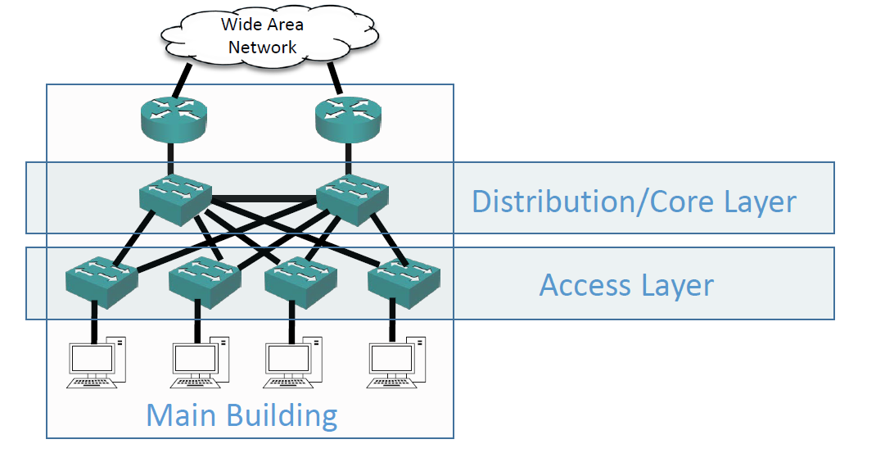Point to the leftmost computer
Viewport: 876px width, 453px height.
97,360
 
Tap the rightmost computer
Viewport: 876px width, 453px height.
397,360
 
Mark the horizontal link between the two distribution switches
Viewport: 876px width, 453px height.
262,198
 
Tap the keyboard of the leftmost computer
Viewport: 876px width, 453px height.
92,381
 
